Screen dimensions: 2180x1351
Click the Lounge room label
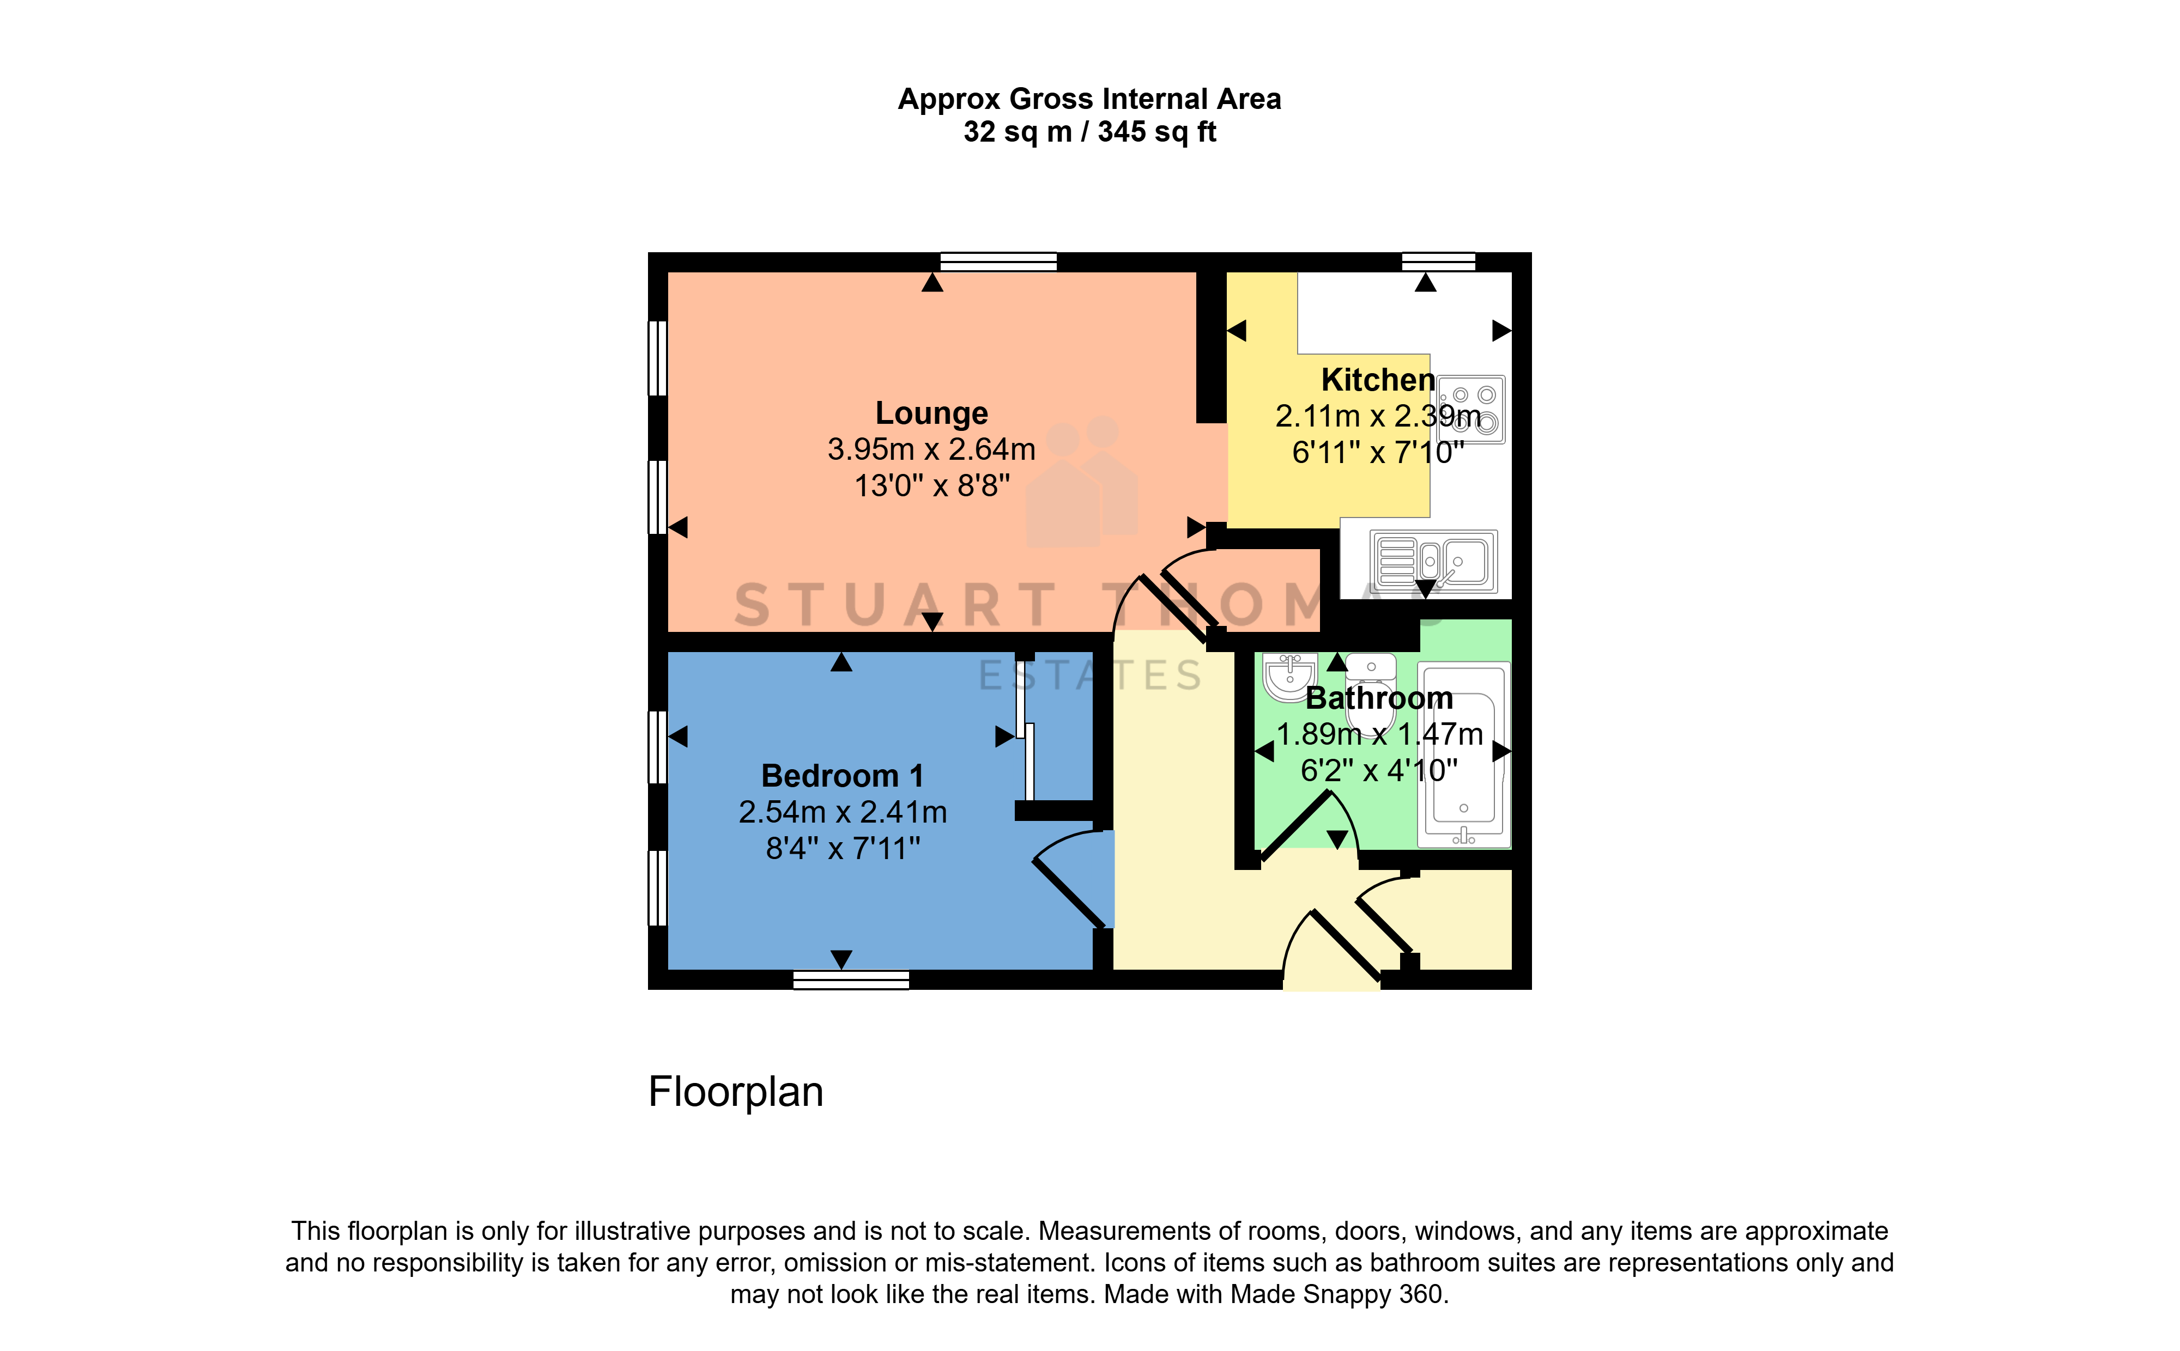tap(931, 413)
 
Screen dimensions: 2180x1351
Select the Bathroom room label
tap(1379, 698)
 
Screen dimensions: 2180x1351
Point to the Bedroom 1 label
tap(842, 776)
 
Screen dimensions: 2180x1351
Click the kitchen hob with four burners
tap(1471, 409)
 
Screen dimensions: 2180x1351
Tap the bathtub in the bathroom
tap(1463, 754)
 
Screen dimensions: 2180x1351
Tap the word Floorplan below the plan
tap(736, 1092)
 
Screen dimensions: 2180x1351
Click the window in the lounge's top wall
tap(998, 262)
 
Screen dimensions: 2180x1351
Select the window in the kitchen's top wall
tap(1438, 262)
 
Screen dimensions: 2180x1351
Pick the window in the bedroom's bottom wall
tap(851, 980)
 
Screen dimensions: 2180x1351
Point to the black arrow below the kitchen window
tap(1426, 282)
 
